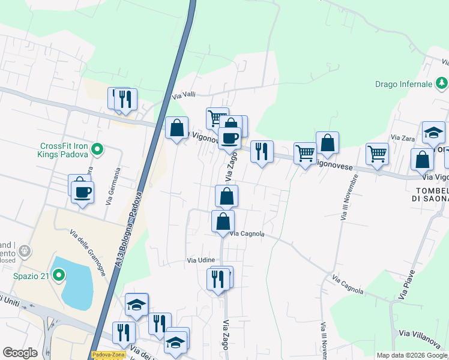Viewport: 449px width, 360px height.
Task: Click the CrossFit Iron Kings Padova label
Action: (64, 150)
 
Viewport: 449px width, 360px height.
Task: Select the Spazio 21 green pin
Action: (58, 275)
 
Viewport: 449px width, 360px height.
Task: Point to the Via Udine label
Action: (200, 260)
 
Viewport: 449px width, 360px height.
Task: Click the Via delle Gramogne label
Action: (88, 252)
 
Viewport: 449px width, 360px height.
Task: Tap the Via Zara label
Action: (403, 138)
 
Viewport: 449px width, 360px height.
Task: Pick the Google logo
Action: (19, 353)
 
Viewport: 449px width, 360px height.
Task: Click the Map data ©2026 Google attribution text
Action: (412, 355)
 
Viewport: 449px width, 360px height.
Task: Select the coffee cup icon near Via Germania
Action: (82, 192)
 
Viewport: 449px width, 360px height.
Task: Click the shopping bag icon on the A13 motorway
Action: (176, 128)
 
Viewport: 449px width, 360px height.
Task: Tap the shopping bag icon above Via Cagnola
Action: (223, 221)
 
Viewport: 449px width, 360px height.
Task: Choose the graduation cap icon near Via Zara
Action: (433, 133)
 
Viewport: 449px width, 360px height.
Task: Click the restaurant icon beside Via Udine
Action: (217, 279)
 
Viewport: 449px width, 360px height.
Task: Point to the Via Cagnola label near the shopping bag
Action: (247, 233)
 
